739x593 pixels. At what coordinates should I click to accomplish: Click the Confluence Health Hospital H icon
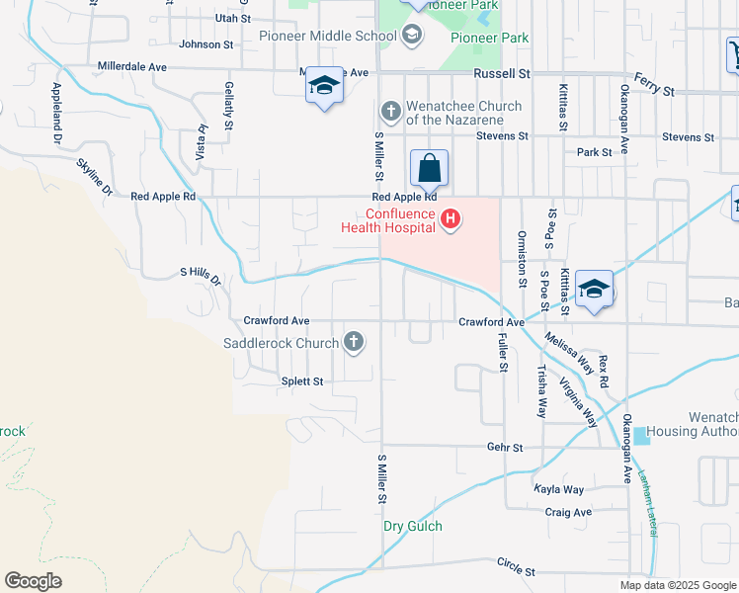(x=451, y=217)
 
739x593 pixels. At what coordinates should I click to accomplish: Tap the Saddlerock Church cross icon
(x=354, y=343)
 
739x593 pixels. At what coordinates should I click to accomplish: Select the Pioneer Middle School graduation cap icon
(x=412, y=37)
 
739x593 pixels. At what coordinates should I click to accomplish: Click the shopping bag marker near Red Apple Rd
(x=430, y=168)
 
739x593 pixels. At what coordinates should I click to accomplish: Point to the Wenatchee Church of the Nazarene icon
(x=391, y=111)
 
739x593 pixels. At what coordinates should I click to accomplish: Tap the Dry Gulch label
(x=413, y=526)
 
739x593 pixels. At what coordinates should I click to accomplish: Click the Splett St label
(x=303, y=381)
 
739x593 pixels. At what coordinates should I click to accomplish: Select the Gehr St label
(x=505, y=447)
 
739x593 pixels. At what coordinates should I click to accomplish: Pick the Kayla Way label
(x=559, y=489)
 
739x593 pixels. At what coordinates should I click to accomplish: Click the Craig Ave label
(x=568, y=512)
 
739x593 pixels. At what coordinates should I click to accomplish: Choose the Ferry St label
(x=654, y=90)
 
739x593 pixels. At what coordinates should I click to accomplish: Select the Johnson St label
(x=206, y=44)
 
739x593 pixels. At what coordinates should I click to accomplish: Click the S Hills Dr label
(x=202, y=276)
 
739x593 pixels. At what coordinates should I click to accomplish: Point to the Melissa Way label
(x=566, y=353)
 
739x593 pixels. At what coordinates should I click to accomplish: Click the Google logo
(x=33, y=581)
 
